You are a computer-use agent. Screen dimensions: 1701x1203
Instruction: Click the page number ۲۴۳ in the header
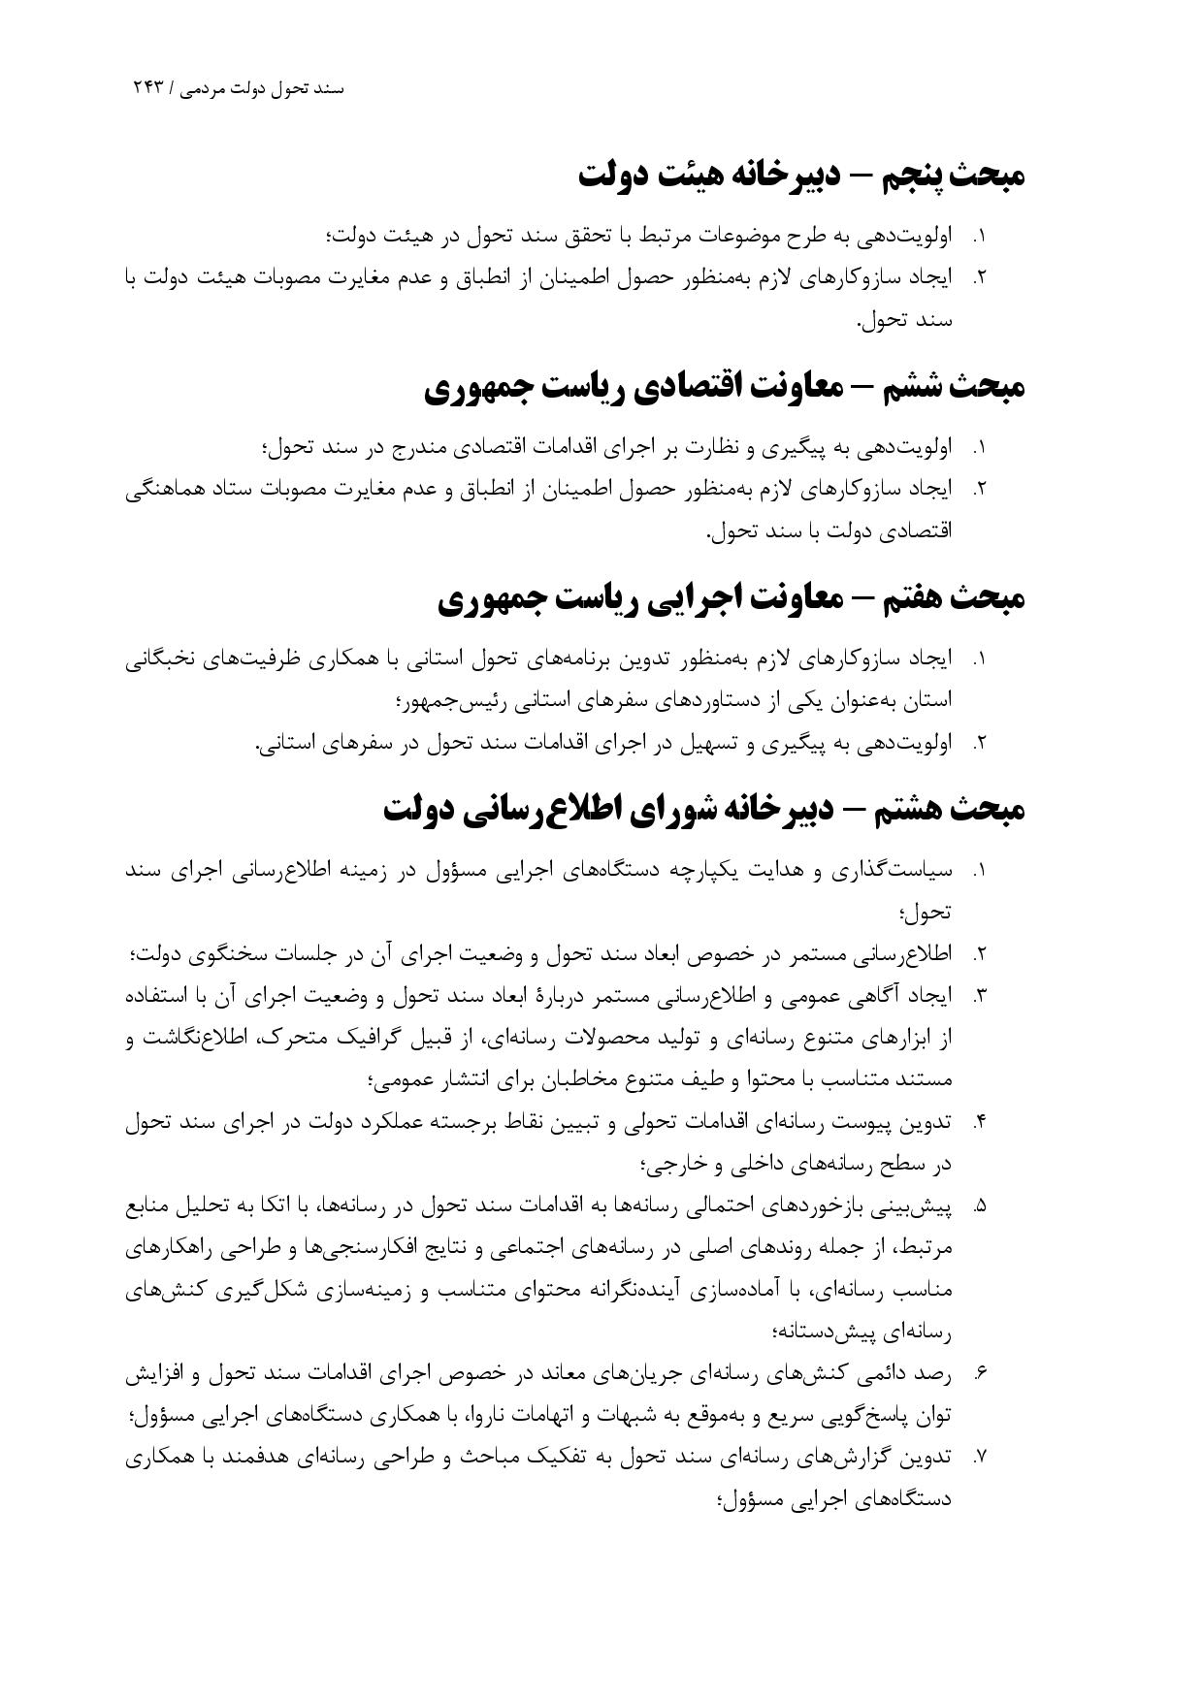[150, 88]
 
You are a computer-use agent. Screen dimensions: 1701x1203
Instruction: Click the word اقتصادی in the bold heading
[689, 387]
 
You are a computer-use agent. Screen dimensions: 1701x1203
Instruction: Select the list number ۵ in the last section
[980, 1206]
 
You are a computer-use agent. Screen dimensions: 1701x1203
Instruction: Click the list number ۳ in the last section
[980, 996]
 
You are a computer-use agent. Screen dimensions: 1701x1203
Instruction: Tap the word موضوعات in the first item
[694, 236]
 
